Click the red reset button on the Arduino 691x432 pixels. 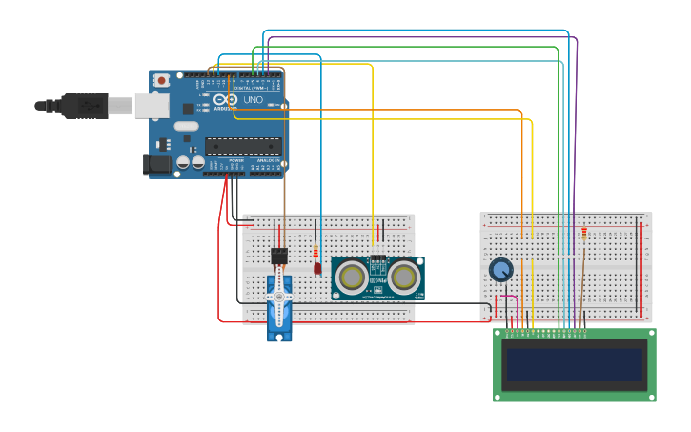(x=162, y=80)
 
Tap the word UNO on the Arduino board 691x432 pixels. (x=254, y=99)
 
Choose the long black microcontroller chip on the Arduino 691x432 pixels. (x=243, y=146)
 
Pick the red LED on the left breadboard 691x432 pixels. (x=317, y=268)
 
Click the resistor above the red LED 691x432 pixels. (x=315, y=252)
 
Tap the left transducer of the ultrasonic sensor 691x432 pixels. (x=352, y=278)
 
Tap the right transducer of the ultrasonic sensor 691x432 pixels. (x=404, y=278)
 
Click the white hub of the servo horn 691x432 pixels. (x=279, y=298)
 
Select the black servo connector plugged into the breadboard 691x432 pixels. (x=279, y=256)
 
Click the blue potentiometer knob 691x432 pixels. (x=500, y=270)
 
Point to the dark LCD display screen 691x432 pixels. (x=575, y=364)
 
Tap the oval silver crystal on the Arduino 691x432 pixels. (x=187, y=126)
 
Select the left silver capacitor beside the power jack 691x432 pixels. (x=183, y=163)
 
